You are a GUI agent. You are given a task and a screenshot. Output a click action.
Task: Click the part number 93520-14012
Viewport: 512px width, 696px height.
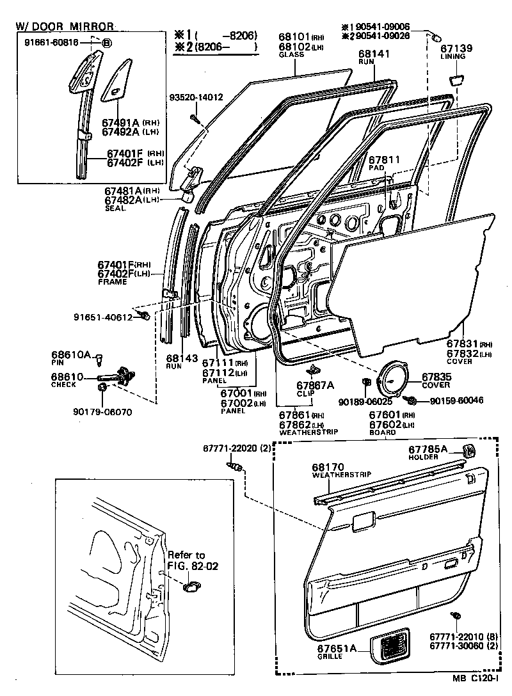pyautogui.click(x=196, y=97)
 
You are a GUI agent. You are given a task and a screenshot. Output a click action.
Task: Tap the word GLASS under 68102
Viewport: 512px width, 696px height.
pyautogui.click(x=291, y=55)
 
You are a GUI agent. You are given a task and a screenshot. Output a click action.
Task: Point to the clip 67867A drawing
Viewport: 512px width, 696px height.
pyautogui.click(x=314, y=370)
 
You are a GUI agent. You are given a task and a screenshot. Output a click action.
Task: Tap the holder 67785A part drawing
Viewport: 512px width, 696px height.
pyautogui.click(x=468, y=450)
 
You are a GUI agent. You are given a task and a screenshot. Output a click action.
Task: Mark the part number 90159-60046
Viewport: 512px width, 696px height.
pyautogui.click(x=456, y=400)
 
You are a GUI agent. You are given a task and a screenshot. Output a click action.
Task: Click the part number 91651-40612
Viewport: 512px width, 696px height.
pyautogui.click(x=102, y=317)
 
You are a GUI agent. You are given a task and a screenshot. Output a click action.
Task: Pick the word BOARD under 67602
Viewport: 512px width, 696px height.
pyautogui.click(x=382, y=432)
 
